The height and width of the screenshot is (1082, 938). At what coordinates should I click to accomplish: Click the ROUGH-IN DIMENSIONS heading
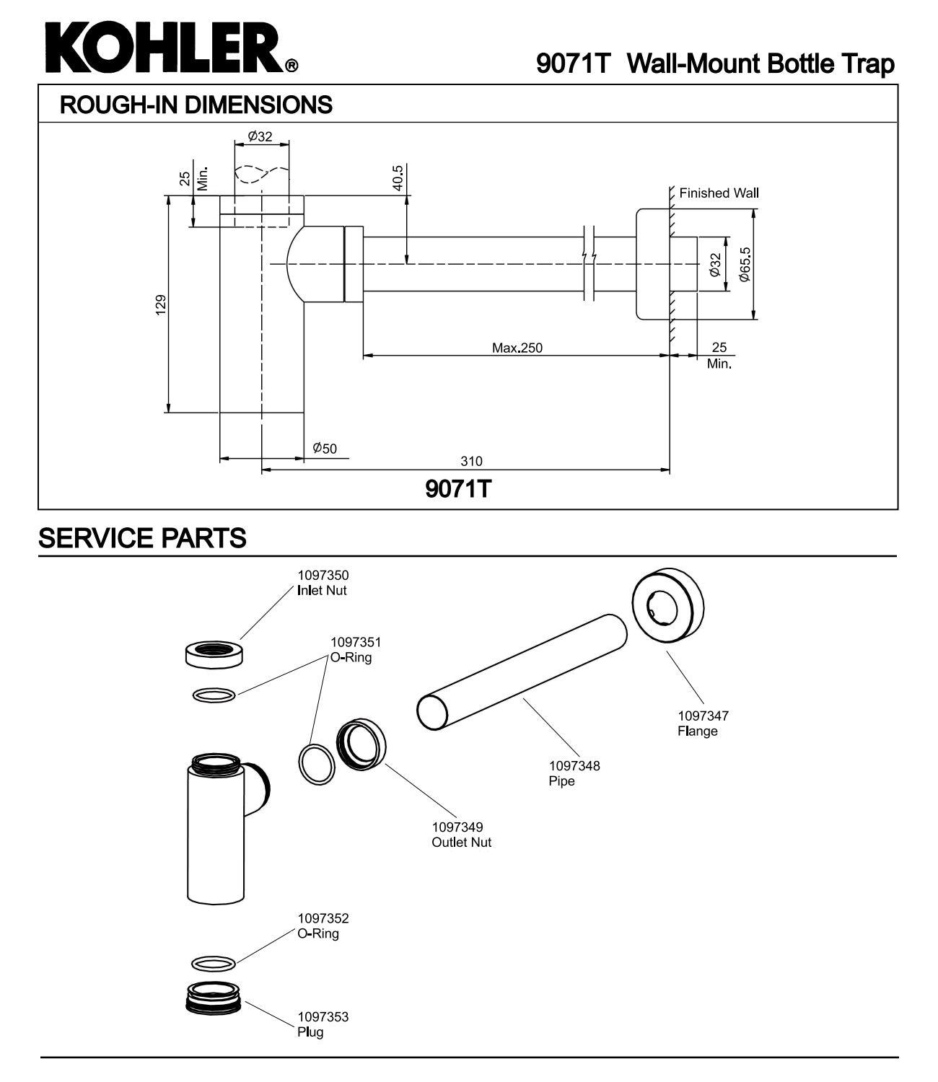click(x=196, y=105)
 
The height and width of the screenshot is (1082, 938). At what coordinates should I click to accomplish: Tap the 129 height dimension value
click(x=161, y=304)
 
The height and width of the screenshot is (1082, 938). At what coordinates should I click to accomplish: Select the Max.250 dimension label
click(x=517, y=348)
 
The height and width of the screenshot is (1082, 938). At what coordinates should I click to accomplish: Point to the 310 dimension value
click(x=471, y=461)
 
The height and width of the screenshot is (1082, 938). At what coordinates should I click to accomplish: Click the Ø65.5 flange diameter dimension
click(x=745, y=265)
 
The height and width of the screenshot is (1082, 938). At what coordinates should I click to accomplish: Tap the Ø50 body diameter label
click(x=325, y=449)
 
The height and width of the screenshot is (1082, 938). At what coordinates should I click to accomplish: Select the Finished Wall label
click(x=719, y=193)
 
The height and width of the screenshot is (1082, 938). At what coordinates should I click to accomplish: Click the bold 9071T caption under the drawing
click(x=458, y=490)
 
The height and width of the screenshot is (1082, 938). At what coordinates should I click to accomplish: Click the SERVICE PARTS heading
click(x=142, y=538)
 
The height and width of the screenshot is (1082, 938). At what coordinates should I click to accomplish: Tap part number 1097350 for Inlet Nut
click(x=323, y=576)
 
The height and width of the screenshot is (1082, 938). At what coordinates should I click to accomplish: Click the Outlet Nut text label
click(x=461, y=842)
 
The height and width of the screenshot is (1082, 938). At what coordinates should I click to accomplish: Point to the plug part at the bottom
click(x=214, y=1000)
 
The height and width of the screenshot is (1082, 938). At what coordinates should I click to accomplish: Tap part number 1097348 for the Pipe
click(x=574, y=765)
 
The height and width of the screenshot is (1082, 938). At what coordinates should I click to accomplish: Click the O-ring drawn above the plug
click(x=214, y=963)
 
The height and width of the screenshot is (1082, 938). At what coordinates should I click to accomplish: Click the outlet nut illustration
click(x=361, y=744)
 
